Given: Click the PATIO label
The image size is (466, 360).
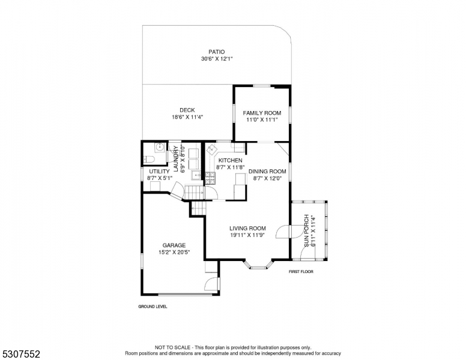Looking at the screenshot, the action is point(216,52).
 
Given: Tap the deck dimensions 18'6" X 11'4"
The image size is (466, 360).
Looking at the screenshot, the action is point(187,117).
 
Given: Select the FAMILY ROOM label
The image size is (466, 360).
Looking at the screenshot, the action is point(262,113).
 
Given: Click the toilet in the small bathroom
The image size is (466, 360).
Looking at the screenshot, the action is point(148,160).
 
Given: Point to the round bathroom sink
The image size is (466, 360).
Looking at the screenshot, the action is point(160,146).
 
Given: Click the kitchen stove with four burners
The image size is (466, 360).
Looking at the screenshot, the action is point(211,178).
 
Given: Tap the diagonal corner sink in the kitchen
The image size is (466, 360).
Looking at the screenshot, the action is point(213,149).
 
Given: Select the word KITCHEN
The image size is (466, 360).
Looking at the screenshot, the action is point(231,160).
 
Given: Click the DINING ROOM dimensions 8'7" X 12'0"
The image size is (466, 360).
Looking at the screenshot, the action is point(267,178).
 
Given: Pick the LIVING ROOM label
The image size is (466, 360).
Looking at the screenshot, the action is point(247,229).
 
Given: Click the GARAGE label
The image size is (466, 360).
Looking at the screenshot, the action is point(174,245).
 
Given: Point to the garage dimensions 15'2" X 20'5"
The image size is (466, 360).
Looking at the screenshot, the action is point(174,253).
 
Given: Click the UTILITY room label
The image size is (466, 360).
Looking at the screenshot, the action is point(159,172).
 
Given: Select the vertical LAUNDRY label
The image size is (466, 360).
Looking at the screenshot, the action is point(175,158).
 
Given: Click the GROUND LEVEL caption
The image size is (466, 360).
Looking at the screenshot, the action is point(153,307).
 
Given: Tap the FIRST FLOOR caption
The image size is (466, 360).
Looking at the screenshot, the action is point(301,271).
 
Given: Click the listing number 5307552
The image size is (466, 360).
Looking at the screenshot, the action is point(21,354).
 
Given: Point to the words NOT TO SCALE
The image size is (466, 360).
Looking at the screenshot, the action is point(172,347).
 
